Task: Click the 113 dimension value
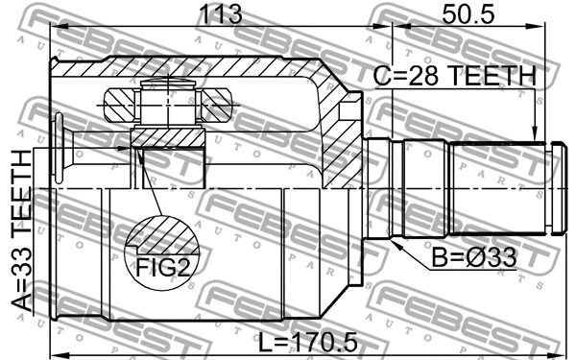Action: pyautogui.click(x=220, y=14)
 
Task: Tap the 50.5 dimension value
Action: pyautogui.click(x=468, y=14)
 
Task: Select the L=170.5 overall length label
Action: pyautogui.click(x=308, y=342)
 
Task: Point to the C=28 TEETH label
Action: pyautogui.click(x=455, y=76)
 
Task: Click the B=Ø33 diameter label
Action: pyautogui.click(x=474, y=257)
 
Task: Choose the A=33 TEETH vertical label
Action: pyautogui.click(x=22, y=230)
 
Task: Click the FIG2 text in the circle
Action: pyautogui.click(x=163, y=268)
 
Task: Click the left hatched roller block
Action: pyautogui.click(x=120, y=105)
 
